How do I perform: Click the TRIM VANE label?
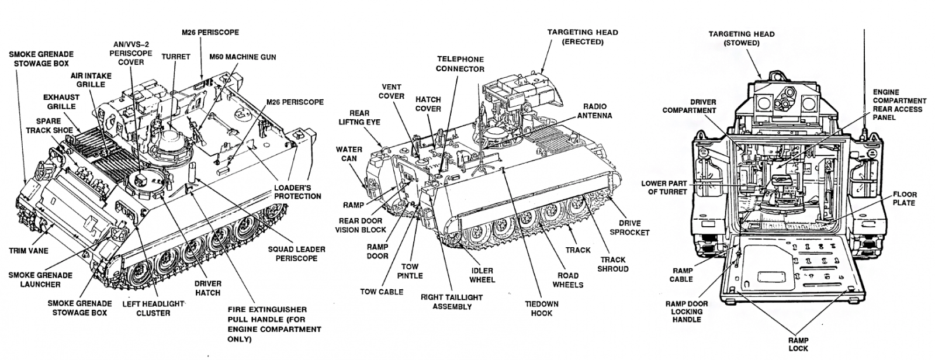tap(29, 250)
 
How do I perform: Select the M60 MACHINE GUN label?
tap(243, 57)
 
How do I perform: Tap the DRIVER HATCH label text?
tap(207, 288)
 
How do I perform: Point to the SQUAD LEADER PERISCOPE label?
tap(296, 254)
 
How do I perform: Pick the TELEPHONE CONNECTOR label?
tap(461, 64)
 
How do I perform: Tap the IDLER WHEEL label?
tap(482, 275)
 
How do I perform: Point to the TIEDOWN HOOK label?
tap(541, 309)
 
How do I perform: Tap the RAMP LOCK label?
tap(798, 344)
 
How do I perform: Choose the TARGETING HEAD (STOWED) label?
tap(742, 39)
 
